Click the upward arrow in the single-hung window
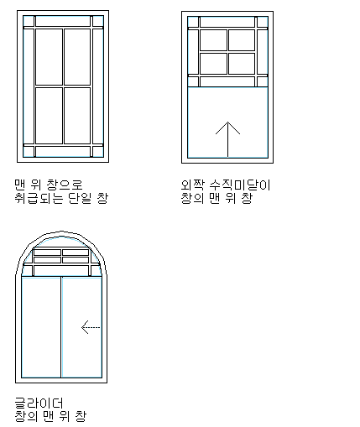[x=227, y=139]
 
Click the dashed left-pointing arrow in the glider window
[x=91, y=327]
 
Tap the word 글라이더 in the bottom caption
[x=39, y=404]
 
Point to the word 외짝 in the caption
[x=193, y=185]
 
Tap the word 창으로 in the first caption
[x=65, y=185]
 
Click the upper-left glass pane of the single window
[x=49, y=57]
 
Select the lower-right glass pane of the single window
[x=77, y=116]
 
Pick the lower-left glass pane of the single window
[x=49, y=116]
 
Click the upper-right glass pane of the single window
[x=77, y=57]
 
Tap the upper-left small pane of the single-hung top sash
[x=213, y=40]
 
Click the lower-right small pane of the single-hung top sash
[x=242, y=64]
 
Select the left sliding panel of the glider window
[x=41, y=327]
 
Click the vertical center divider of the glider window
[x=61, y=327]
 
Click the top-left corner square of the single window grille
[x=29, y=21]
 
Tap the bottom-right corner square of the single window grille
[x=98, y=152]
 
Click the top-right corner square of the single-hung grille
[x=263, y=22]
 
